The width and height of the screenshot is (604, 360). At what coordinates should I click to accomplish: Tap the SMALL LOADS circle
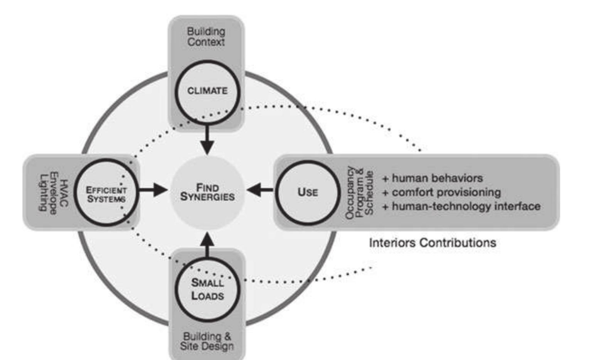[207, 289]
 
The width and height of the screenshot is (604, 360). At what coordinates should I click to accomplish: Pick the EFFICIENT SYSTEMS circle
[106, 192]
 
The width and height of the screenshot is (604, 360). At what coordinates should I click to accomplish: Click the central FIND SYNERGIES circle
[207, 192]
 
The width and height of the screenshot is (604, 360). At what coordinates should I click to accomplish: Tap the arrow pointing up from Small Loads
[207, 244]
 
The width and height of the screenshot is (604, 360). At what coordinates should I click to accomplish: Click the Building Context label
[206, 37]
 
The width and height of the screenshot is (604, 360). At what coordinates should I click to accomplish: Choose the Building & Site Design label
[207, 341]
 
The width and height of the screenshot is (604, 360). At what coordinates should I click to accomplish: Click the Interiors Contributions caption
[432, 243]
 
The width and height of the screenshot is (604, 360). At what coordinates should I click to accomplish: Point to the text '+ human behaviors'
[432, 178]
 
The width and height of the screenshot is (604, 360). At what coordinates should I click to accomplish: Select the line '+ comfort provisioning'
[441, 192]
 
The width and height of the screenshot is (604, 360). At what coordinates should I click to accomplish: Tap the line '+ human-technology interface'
[461, 206]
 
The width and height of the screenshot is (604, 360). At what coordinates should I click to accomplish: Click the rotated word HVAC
[64, 193]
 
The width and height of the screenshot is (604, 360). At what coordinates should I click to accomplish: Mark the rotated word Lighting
[44, 192]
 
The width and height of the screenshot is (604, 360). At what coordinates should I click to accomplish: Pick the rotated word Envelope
[54, 193]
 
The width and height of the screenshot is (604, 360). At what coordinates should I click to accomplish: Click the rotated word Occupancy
[350, 193]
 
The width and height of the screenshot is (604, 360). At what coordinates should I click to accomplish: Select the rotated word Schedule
[369, 193]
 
